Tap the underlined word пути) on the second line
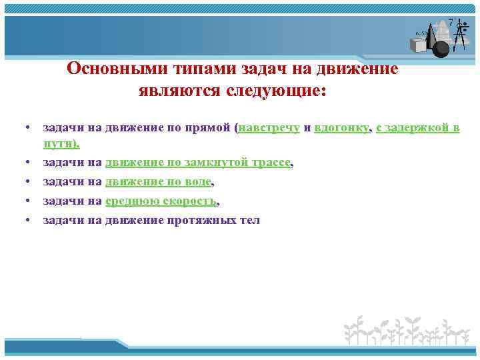[61, 143]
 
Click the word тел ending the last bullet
[249, 220]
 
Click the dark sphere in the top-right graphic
[442, 49]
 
